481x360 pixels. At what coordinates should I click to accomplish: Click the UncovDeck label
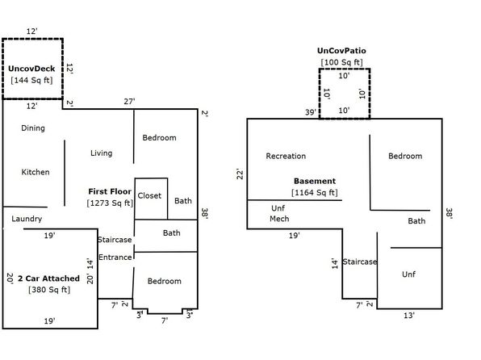click(31, 69)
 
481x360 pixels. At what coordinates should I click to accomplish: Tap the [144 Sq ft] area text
click(31, 81)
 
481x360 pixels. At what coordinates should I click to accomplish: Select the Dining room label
click(33, 128)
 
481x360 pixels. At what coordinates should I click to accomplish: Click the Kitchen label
click(36, 172)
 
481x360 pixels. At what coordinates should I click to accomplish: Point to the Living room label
click(101, 153)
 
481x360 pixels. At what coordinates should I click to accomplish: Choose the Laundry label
click(27, 219)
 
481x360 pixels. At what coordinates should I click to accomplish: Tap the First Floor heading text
click(110, 191)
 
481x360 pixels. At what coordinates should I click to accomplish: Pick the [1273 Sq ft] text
click(110, 203)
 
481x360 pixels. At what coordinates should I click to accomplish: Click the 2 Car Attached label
click(48, 278)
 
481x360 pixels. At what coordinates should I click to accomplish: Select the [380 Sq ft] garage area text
click(49, 290)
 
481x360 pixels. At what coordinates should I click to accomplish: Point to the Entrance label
click(115, 257)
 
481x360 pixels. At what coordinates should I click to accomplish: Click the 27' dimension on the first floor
click(129, 101)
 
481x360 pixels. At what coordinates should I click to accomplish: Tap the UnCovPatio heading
click(341, 51)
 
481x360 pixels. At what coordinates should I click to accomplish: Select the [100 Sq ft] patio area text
click(341, 62)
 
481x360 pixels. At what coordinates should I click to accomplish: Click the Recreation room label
click(286, 156)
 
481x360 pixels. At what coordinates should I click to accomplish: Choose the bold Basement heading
click(315, 181)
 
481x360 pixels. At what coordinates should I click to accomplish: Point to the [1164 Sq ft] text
click(315, 193)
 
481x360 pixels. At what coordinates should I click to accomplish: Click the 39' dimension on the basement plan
click(311, 112)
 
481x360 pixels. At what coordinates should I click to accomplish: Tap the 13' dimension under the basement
click(409, 316)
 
